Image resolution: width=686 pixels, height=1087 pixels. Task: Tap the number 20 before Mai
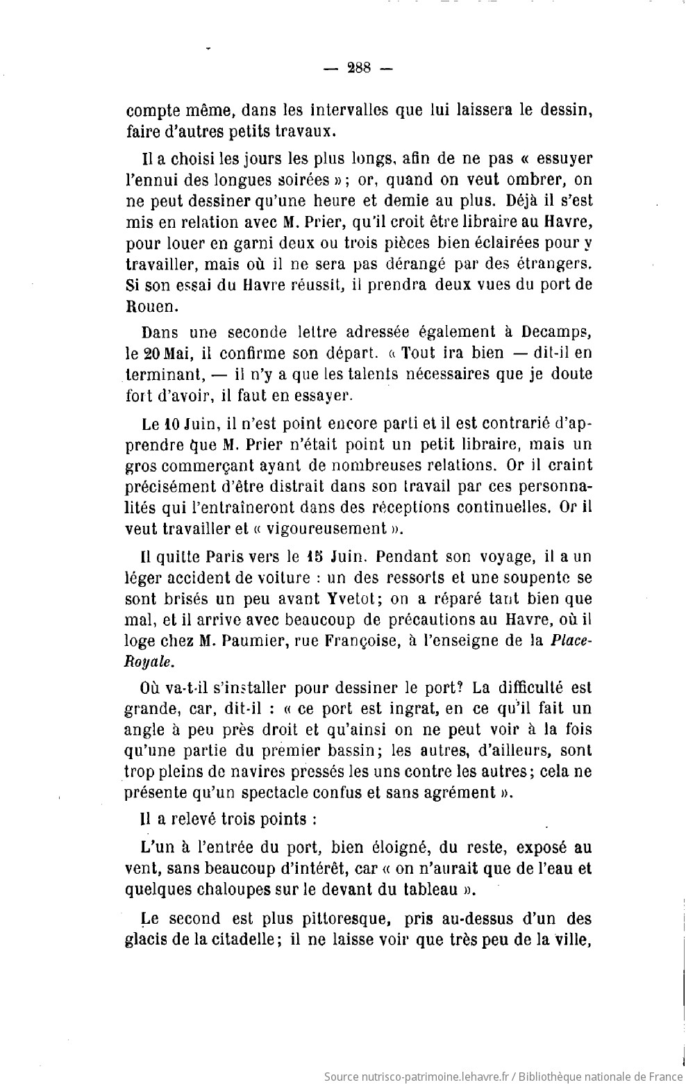click(x=153, y=353)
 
